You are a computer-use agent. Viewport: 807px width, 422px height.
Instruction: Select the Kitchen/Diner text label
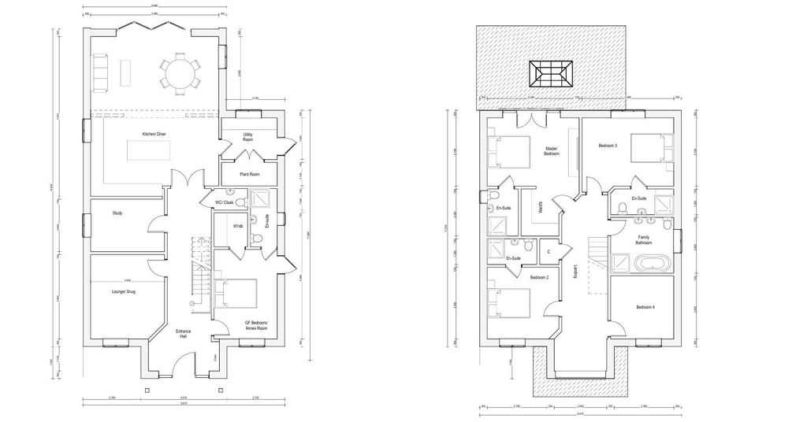point(154,135)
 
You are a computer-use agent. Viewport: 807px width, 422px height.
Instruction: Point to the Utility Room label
point(247,137)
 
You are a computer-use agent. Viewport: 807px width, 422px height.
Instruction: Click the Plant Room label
point(249,174)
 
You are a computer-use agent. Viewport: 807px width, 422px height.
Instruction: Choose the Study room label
point(117,213)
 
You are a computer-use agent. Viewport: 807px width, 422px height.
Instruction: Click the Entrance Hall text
point(183,334)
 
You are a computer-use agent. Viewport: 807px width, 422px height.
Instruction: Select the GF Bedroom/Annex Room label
point(256,326)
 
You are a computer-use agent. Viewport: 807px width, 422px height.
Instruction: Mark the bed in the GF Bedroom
point(236,294)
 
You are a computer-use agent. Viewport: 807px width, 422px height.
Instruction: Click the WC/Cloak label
point(225,203)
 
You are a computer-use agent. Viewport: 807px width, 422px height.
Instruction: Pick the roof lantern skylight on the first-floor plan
point(552,75)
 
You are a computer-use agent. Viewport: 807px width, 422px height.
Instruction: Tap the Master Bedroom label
point(552,150)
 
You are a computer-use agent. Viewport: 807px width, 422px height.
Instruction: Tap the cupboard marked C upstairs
point(548,252)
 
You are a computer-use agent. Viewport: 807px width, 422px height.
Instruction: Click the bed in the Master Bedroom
point(509,151)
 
